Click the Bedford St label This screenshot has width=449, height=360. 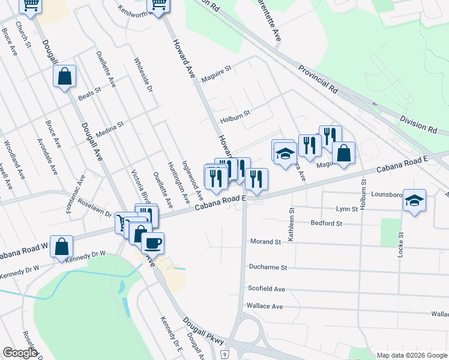tap(326, 223)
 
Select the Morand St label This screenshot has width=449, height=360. tap(265, 242)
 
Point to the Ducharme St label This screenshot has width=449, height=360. tap(268, 267)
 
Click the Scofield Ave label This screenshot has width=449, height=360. tap(267, 289)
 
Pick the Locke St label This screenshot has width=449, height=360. tap(400, 242)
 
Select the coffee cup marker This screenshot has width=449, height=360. tap(152, 243)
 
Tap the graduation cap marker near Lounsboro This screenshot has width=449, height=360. tap(414, 200)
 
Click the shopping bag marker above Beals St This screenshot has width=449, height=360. tap(65, 77)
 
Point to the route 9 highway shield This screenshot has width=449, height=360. tap(223, 355)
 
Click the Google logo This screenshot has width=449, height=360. tap(20, 353)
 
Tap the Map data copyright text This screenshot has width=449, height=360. tap(411, 355)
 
